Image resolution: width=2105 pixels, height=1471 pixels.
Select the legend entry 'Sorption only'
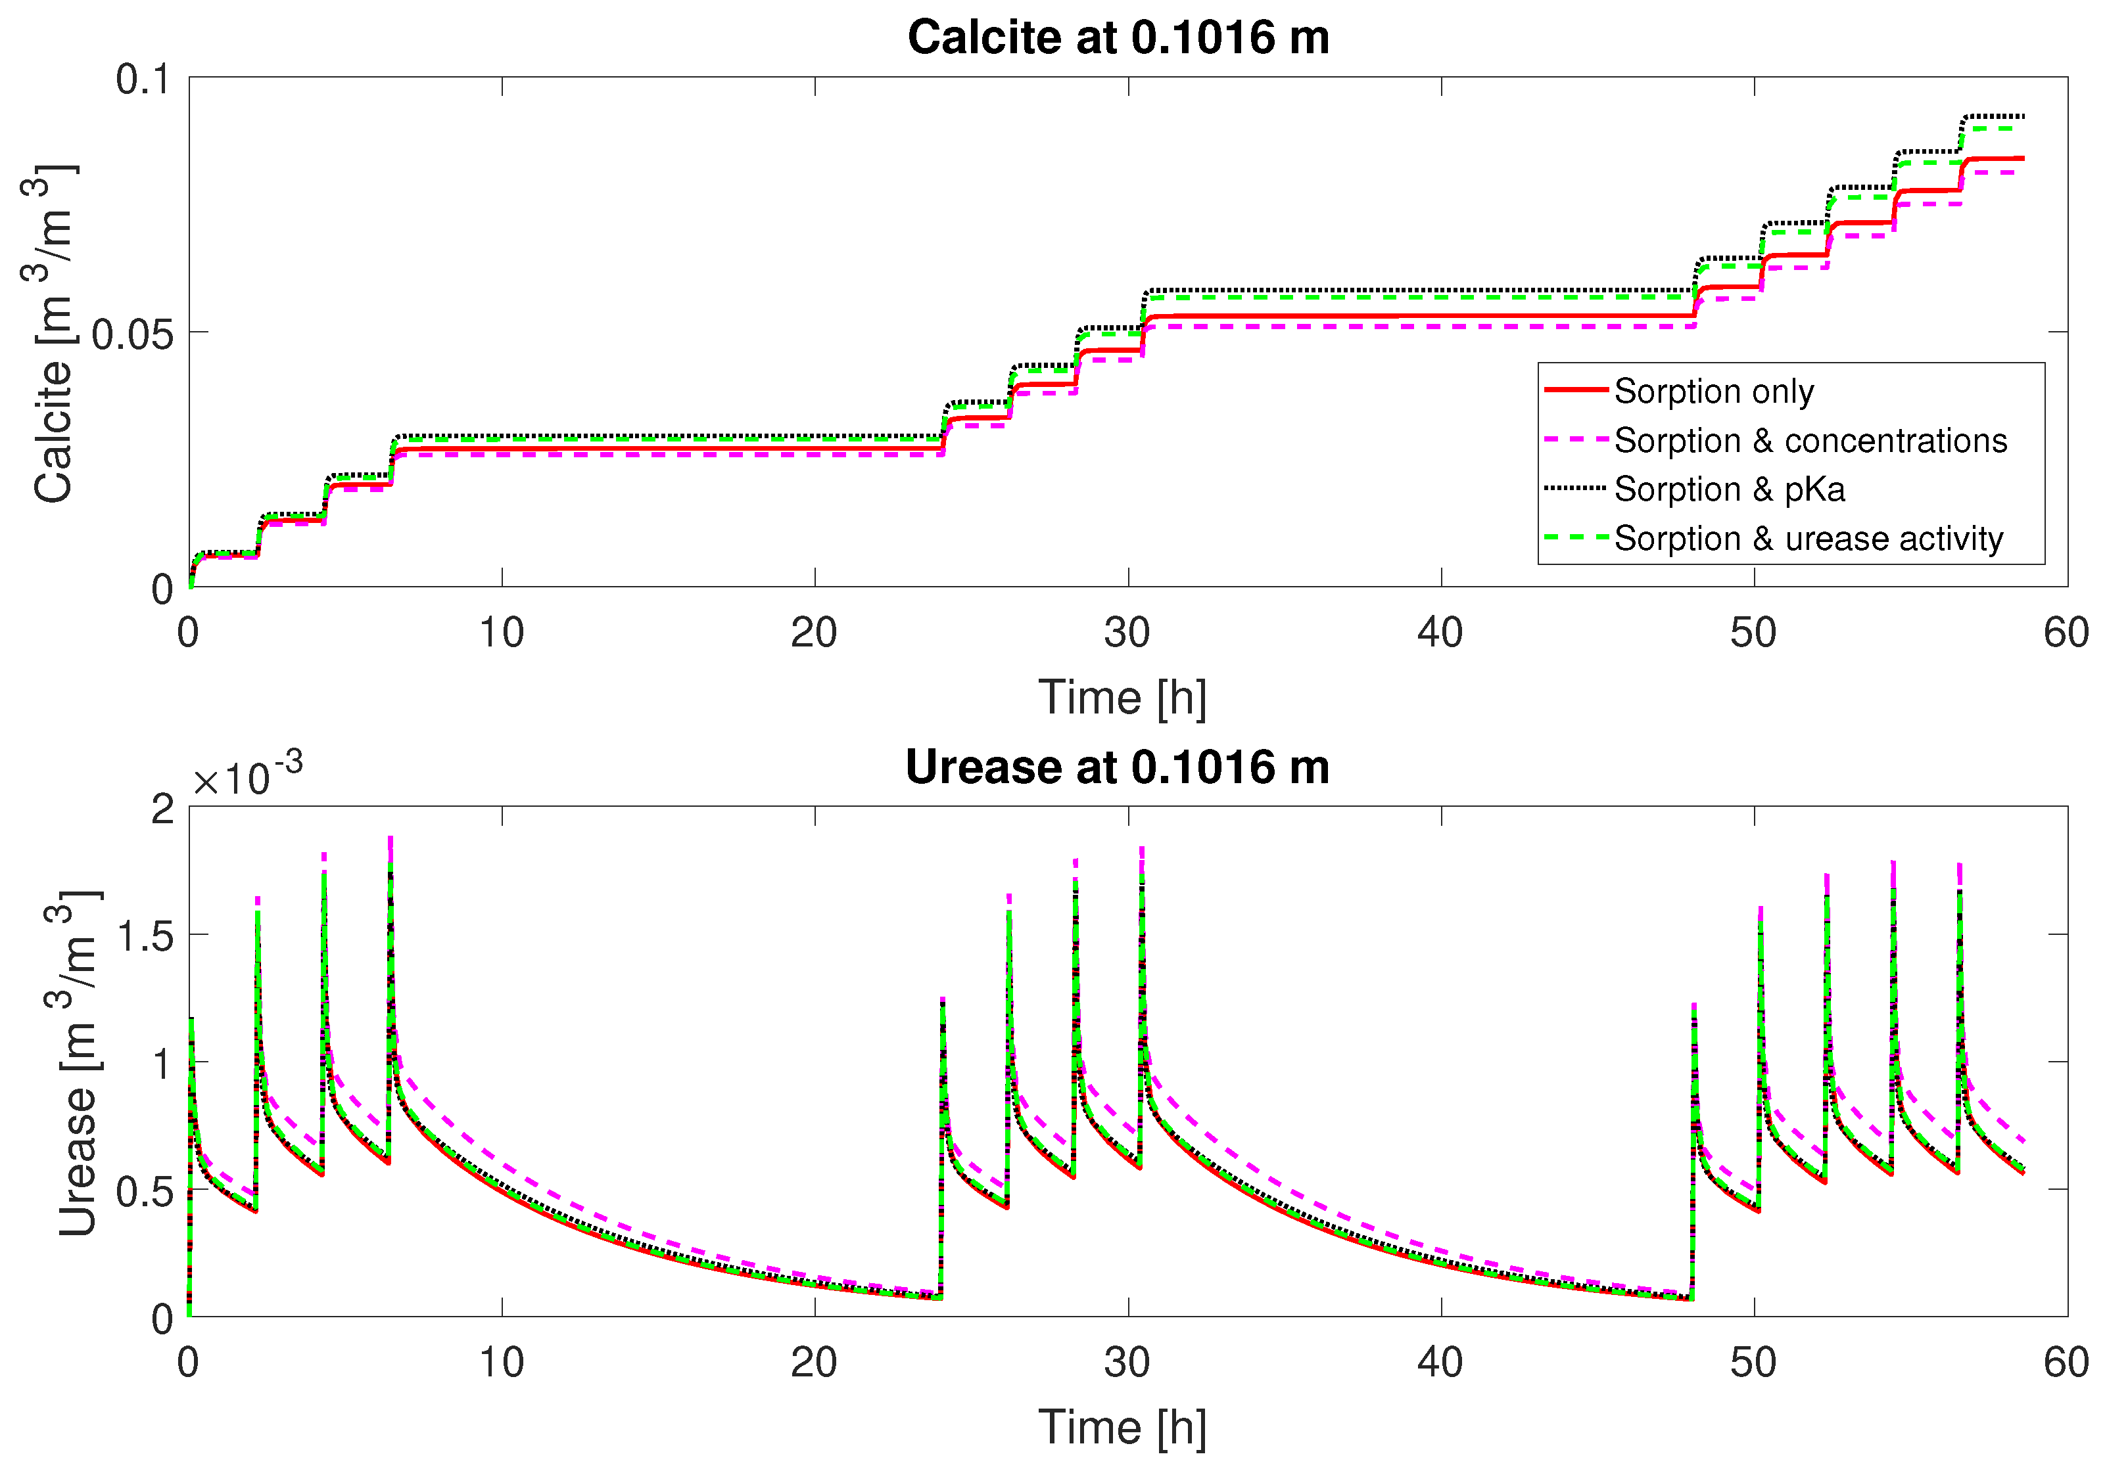pyautogui.click(x=1713, y=392)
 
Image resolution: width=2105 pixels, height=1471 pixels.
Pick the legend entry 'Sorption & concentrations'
pyautogui.click(x=1810, y=441)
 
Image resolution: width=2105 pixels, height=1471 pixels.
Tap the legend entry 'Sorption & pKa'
pyautogui.click(x=1728, y=489)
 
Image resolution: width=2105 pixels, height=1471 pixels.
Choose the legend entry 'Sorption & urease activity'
pyautogui.click(x=1808, y=539)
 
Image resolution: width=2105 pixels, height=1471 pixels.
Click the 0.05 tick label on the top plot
pyautogui.click(x=132, y=334)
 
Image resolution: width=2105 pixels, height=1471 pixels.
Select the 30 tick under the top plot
pyautogui.click(x=1127, y=633)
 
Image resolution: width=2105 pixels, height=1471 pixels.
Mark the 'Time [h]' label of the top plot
pyautogui.click(x=1122, y=698)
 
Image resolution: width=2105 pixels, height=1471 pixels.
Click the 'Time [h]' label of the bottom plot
pyautogui.click(x=1122, y=1428)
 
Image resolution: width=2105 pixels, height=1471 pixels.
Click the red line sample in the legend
pyautogui.click(x=1576, y=390)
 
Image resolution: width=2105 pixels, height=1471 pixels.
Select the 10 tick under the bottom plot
pyautogui.click(x=502, y=1363)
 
